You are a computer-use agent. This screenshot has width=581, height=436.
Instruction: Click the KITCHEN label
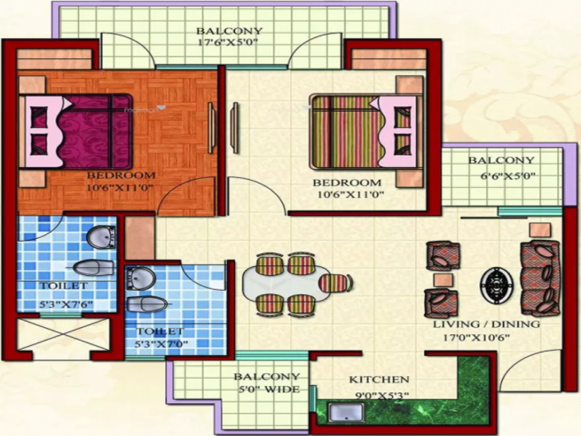[379, 379]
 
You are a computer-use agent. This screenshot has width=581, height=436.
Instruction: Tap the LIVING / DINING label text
[486, 324]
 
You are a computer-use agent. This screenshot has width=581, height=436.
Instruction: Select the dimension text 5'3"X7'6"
[66, 305]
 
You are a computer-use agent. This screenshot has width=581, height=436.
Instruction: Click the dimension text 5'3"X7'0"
[162, 344]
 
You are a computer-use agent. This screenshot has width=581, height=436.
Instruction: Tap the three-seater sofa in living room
[540, 278]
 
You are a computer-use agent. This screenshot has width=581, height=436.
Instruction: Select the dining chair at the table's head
[335, 283]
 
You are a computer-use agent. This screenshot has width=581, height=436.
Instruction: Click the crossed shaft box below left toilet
[63, 334]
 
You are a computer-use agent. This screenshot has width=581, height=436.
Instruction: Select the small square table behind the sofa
[539, 229]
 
